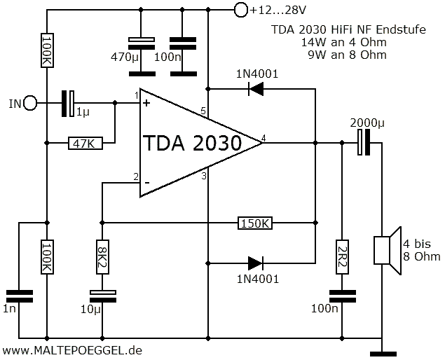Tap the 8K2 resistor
[x=102, y=257]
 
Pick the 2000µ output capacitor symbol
[x=362, y=144]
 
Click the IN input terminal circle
[x=31, y=104]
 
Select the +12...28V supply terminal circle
[x=240, y=10]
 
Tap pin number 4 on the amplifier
[x=263, y=137]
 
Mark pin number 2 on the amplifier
[x=136, y=176]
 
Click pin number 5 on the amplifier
[x=203, y=111]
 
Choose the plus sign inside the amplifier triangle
[x=146, y=103]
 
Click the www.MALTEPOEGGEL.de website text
[x=72, y=349]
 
